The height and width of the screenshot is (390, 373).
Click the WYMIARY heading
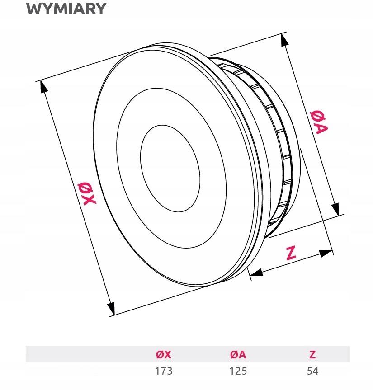pos(66,9)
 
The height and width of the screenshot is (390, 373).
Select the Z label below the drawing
pos(291,253)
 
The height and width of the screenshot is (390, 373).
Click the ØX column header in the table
pos(164,354)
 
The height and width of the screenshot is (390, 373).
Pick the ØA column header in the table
pos(238,354)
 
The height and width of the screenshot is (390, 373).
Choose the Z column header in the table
pos(312,354)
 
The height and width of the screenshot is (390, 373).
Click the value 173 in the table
pos(164,371)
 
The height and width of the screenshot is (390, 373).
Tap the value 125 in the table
pos(238,371)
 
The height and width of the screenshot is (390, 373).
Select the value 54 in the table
pos(312,371)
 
